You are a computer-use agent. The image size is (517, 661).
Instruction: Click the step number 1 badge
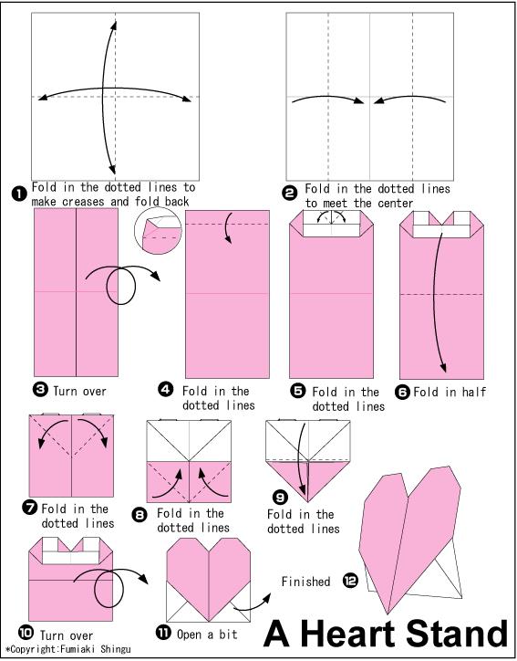(19, 194)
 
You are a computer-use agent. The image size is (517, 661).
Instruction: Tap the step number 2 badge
(289, 194)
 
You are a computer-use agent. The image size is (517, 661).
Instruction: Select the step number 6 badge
(402, 392)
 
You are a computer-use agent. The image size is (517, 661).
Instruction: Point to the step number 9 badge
(280, 498)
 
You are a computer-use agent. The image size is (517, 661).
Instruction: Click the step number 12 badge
(350, 581)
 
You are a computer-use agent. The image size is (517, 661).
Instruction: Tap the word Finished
(305, 582)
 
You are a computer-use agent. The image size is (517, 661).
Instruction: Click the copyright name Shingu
(116, 649)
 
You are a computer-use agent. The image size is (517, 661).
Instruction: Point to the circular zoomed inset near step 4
(158, 231)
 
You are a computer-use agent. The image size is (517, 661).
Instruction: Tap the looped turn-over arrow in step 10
(110, 584)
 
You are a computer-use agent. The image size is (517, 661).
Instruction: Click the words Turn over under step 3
(80, 391)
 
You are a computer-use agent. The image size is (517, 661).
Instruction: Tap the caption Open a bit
(207, 634)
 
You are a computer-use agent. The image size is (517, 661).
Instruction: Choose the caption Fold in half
(450, 392)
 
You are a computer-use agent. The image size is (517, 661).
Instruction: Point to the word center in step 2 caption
(396, 204)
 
